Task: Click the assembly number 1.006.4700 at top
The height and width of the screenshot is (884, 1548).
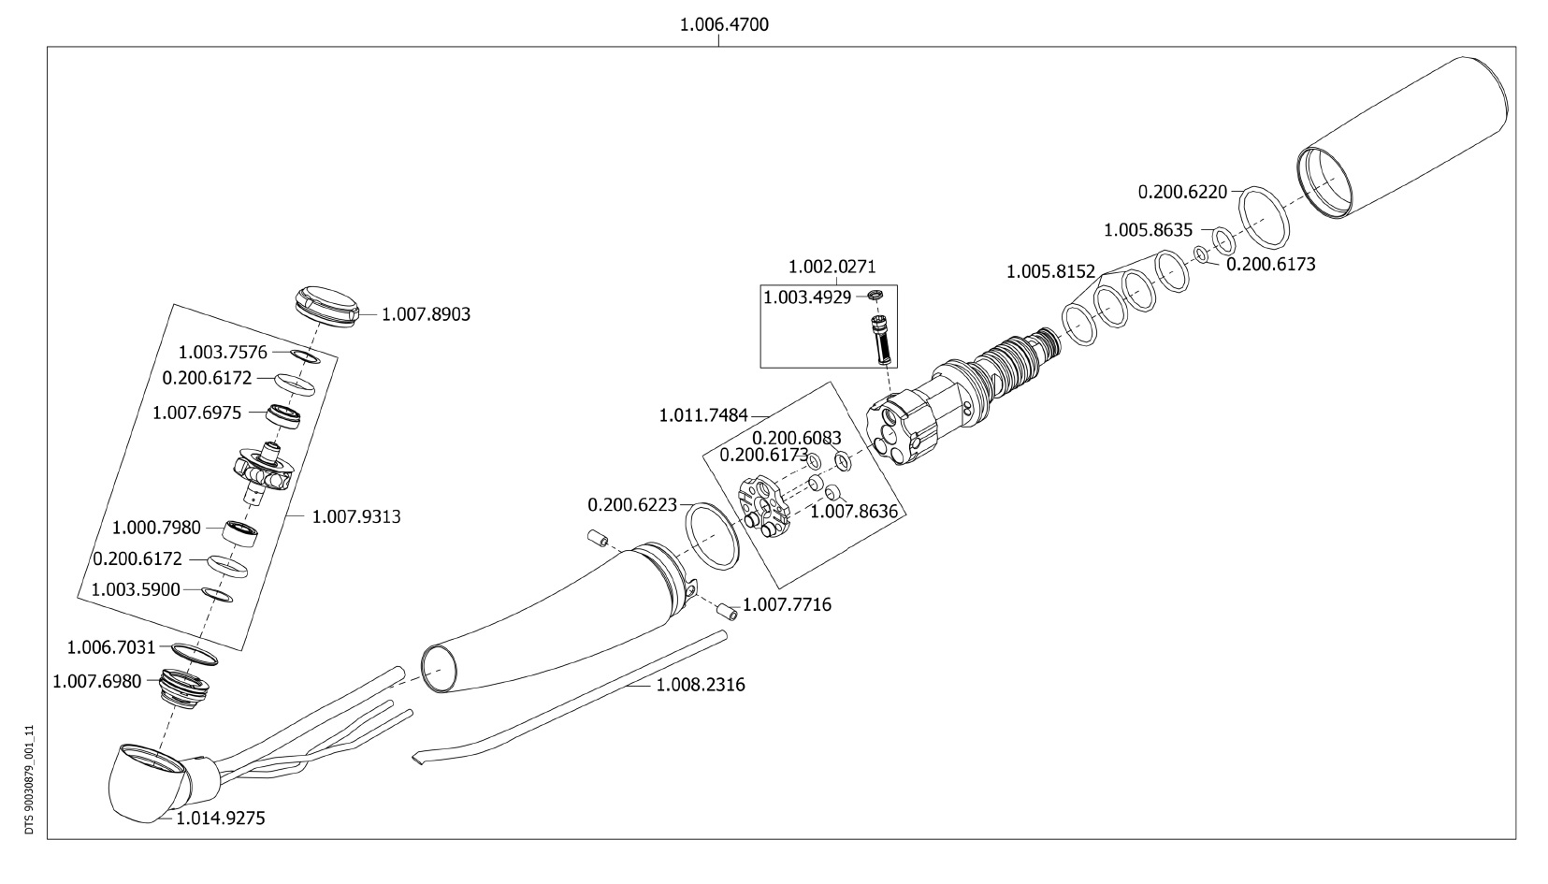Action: pos(724,24)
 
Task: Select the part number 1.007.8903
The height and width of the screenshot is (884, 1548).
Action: pos(426,314)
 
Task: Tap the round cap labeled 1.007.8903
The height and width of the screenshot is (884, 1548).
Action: pos(328,305)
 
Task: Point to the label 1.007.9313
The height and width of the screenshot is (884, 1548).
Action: pos(356,516)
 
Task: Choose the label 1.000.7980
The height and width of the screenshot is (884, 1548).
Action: pos(156,528)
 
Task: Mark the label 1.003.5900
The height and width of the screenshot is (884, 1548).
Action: pos(136,589)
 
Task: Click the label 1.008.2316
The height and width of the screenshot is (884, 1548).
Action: pos(701,685)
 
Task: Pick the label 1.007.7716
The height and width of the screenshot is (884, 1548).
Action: pos(787,605)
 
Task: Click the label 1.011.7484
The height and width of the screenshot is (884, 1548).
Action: pos(703,413)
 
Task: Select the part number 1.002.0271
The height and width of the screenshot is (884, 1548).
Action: pos(832,267)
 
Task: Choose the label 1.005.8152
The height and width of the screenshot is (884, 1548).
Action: pos(1050,272)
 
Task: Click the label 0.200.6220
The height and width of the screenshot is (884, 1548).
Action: pos(1182,192)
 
